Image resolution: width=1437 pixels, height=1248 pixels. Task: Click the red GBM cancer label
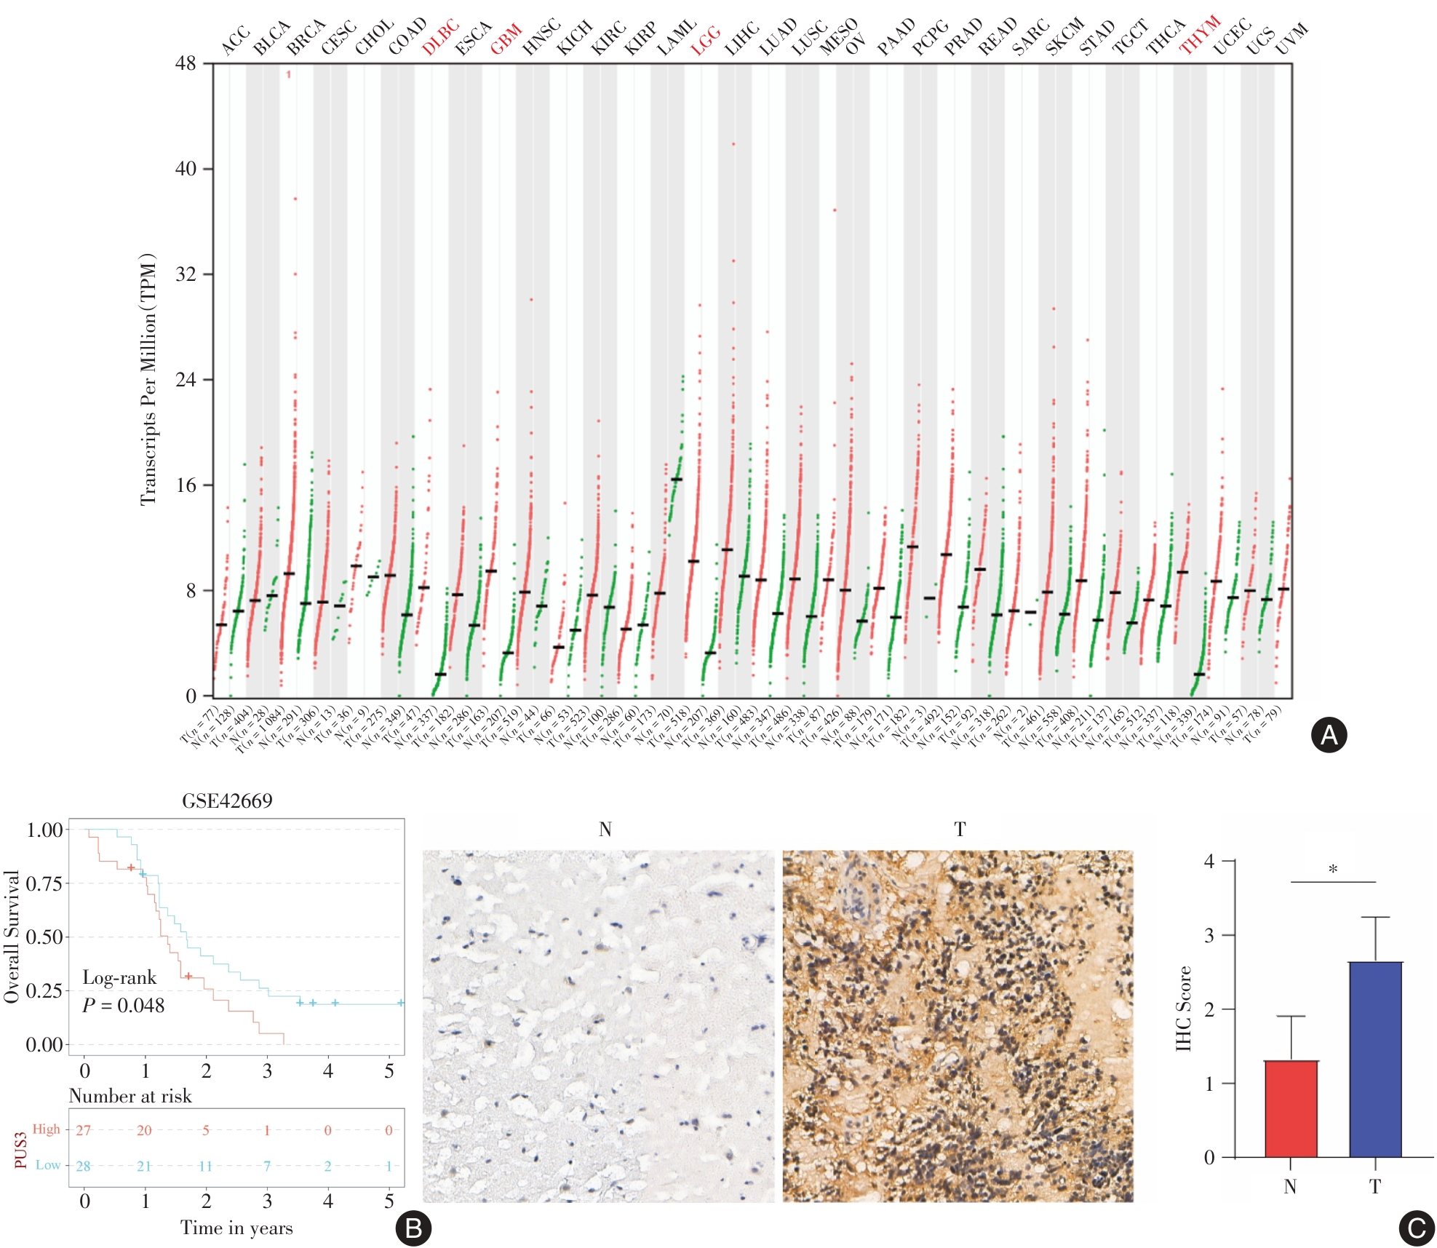coord(506,39)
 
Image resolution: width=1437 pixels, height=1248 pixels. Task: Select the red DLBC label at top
coord(440,38)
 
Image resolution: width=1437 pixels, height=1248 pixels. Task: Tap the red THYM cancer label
coord(1199,36)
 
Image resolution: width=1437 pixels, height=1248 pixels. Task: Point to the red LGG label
coord(705,40)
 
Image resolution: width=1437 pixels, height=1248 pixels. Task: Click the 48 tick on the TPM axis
coord(186,64)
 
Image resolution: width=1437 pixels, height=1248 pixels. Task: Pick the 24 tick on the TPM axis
coord(186,380)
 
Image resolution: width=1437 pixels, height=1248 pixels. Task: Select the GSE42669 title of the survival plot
coord(227,801)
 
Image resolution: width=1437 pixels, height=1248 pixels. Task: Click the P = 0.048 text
coord(123,1006)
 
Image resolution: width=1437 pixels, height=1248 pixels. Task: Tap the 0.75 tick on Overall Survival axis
coord(44,883)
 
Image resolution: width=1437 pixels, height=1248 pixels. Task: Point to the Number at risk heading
coord(130,1096)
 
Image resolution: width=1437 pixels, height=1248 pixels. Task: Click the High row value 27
coord(84,1130)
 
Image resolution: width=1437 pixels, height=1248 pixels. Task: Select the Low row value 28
coord(84,1166)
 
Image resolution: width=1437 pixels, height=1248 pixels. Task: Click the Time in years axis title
coord(236,1228)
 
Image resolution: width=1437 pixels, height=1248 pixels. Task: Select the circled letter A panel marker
coord(1329,736)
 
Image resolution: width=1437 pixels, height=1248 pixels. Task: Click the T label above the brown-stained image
coord(960,830)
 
